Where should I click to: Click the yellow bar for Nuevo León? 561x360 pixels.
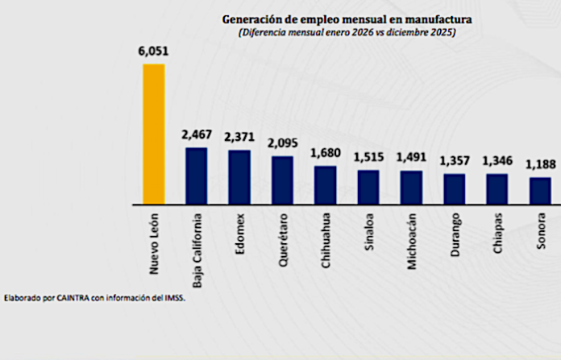(x=153, y=133)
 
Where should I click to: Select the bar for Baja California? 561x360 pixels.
(x=196, y=175)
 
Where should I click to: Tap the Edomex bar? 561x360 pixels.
(x=239, y=176)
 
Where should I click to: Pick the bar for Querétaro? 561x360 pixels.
(x=282, y=179)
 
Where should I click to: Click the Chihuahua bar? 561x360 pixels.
(x=325, y=184)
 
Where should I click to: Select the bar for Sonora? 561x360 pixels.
(x=540, y=190)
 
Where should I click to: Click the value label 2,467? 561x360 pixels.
(x=196, y=134)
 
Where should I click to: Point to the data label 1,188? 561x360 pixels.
(x=540, y=165)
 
